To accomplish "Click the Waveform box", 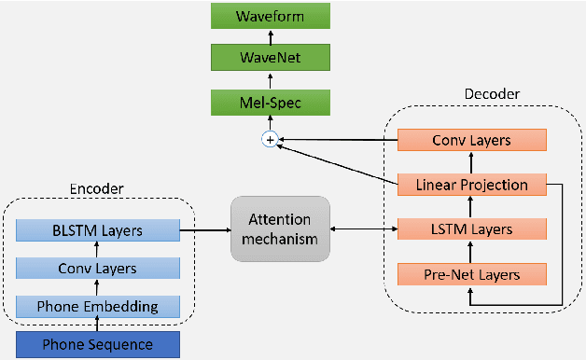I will tap(270, 17).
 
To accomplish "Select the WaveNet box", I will tap(270, 58).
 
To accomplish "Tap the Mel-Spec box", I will tap(270, 100).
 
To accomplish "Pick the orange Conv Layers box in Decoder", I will tap(470, 141).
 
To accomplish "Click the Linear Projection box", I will tap(470, 185).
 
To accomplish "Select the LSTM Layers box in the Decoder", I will tap(470, 228).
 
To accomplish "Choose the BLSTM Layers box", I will tap(98, 228).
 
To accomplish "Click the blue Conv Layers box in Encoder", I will tap(98, 268).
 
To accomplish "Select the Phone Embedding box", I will tap(98, 307).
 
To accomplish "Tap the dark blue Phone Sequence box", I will tap(98, 345).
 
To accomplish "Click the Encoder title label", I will tap(97, 188).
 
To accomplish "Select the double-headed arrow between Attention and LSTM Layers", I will tap(364, 228).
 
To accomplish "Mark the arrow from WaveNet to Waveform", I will tap(270, 37).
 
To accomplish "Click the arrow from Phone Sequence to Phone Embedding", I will tap(98, 325).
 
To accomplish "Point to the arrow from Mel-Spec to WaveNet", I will tap(270, 79).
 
